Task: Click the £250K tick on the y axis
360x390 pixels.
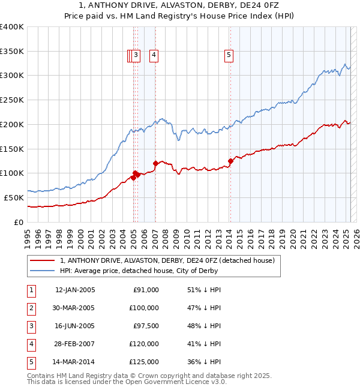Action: pyautogui.click(x=12, y=100)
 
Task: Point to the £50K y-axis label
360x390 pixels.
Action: pyautogui.click(x=14, y=197)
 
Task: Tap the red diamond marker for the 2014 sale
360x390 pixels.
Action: pyautogui.click(x=230, y=161)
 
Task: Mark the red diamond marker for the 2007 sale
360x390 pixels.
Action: pyautogui.click(x=155, y=163)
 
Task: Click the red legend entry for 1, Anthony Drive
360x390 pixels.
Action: pyautogui.click(x=167, y=260)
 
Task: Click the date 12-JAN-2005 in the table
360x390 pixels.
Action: pyautogui.click(x=75, y=290)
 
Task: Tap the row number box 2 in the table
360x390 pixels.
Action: pyautogui.click(x=31, y=308)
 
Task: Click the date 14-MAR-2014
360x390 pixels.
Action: pyautogui.click(x=75, y=362)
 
